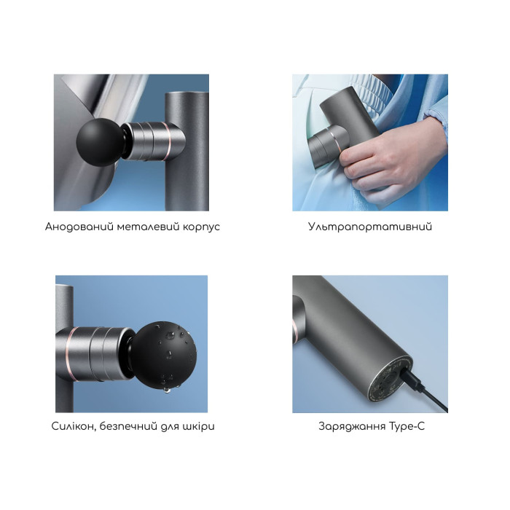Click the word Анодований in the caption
tap(79, 227)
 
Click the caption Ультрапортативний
tap(370, 227)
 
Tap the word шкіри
tap(199, 427)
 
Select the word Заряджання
tap(352, 426)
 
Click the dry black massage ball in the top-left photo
tap(101, 142)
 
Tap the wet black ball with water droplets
tap(162, 356)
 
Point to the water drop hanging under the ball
tap(167, 390)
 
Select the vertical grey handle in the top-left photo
tap(187, 152)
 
